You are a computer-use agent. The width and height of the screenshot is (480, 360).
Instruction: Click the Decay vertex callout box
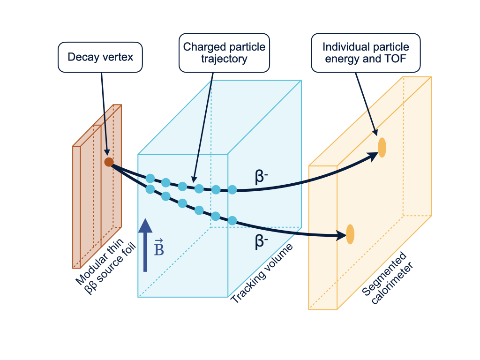click(x=100, y=57)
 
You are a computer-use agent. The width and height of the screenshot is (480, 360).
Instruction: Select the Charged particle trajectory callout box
click(x=224, y=53)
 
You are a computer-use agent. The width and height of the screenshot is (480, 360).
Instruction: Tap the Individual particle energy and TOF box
click(x=366, y=52)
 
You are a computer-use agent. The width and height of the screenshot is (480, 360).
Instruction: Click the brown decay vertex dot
click(x=109, y=162)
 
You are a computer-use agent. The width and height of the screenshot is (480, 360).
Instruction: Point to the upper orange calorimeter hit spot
click(x=382, y=148)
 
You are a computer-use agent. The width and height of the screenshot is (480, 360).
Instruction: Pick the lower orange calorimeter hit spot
click(x=350, y=234)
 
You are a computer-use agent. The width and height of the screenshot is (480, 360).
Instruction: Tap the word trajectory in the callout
click(x=224, y=59)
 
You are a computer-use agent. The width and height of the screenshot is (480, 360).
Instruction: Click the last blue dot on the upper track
click(x=232, y=189)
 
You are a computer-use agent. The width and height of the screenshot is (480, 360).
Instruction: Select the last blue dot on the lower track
click(x=232, y=220)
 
